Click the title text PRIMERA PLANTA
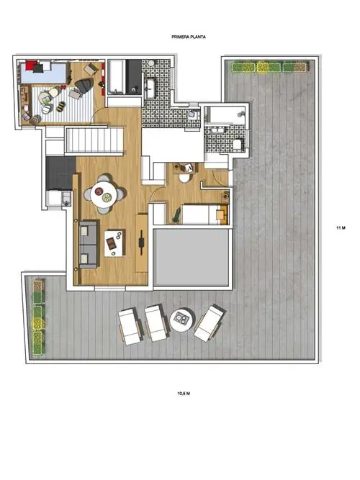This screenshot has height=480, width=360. [x=189, y=37]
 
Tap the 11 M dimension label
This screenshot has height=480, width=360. [x=341, y=227]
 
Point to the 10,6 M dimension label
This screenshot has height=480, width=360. [x=184, y=394]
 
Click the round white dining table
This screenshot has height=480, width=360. [x=104, y=194]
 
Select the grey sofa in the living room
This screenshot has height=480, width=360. [x=89, y=244]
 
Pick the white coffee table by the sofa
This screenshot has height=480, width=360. [x=114, y=243]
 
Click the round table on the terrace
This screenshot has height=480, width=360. [x=182, y=320]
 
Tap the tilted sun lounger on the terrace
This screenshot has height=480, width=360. [x=210, y=323]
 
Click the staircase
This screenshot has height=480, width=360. [x=94, y=140]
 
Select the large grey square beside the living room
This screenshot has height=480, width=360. [x=191, y=258]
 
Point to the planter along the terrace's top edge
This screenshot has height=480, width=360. [x=269, y=67]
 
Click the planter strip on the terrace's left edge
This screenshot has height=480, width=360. [x=39, y=317]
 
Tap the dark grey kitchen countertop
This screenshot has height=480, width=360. [x=60, y=173]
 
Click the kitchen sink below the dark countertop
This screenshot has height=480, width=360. [x=66, y=198]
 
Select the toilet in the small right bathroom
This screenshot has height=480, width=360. [x=238, y=145]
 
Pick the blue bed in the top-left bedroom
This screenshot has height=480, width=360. [x=44, y=72]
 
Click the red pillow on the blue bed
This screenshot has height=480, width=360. [x=31, y=65]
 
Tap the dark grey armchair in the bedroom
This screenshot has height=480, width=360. [x=84, y=85]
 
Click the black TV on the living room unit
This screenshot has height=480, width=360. [x=141, y=243]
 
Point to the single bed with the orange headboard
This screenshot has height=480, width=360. [x=205, y=214]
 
